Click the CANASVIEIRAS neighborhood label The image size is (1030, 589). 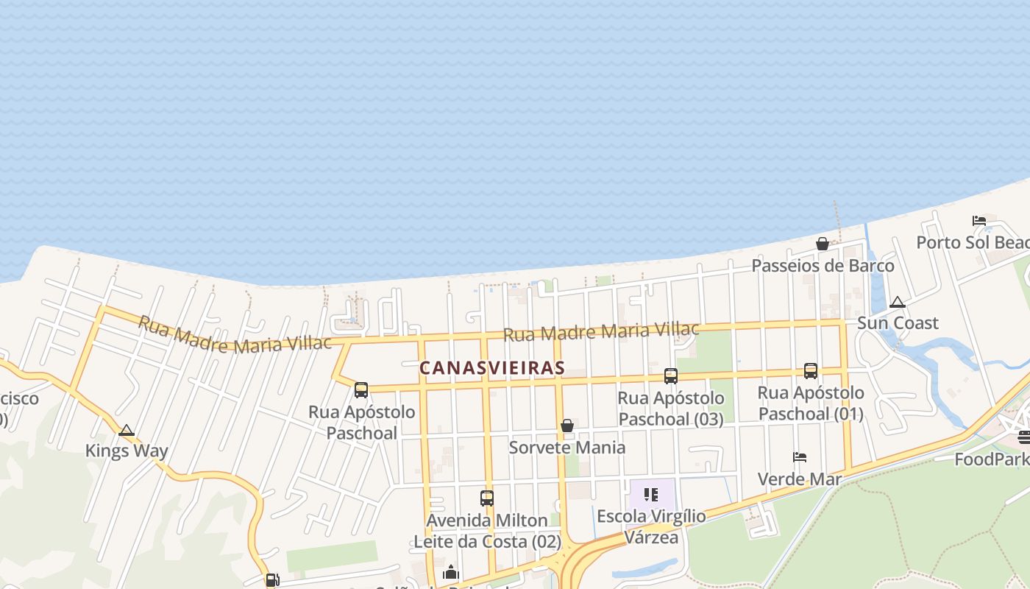[491, 368]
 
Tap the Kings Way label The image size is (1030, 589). [127, 451]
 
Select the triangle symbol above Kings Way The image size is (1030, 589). [127, 430]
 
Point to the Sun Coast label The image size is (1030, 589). [898, 323]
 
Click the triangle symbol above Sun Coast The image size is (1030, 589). [897, 302]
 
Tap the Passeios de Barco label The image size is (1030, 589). [823, 266]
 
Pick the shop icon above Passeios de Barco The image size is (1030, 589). [823, 244]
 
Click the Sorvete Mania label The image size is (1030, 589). [567, 448]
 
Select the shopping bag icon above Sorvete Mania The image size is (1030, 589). [567, 426]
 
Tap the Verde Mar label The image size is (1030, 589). [799, 479]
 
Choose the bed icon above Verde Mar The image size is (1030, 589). [800, 457]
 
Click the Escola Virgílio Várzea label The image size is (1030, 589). [651, 526]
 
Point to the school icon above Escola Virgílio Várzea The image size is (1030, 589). [651, 495]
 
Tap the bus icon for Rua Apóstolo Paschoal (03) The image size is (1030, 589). [671, 376]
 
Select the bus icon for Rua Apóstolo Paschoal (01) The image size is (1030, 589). [811, 371]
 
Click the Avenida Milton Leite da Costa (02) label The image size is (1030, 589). [487, 531]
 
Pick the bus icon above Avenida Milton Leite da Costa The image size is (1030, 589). [487, 498]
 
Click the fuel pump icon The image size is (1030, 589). [271, 580]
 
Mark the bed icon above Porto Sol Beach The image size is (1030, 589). [979, 221]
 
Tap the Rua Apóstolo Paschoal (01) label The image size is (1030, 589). [811, 403]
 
